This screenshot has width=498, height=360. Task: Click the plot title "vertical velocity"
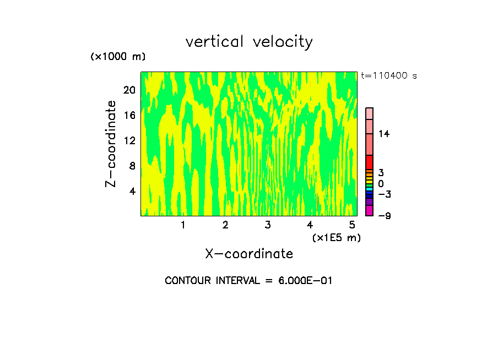249,42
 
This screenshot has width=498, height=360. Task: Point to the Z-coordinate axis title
111,144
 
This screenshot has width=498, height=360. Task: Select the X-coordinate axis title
249,254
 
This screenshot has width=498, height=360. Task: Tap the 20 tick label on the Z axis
129,90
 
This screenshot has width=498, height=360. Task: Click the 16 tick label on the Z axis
129,116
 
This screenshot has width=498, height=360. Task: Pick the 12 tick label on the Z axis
129,140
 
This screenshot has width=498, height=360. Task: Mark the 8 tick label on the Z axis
132,166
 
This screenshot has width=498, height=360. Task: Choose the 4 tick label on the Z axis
132,191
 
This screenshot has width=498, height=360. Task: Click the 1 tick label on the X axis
183,225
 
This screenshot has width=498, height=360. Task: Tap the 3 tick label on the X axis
268,225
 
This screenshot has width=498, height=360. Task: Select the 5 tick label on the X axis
353,225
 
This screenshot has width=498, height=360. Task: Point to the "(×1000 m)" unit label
118,57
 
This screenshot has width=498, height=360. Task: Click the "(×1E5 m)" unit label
336,237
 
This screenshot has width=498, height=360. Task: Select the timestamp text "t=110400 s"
388,76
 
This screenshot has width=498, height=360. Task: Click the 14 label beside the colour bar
384,134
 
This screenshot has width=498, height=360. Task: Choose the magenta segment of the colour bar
369,210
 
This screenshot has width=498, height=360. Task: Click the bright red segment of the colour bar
369,162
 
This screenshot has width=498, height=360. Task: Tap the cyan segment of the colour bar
369,188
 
